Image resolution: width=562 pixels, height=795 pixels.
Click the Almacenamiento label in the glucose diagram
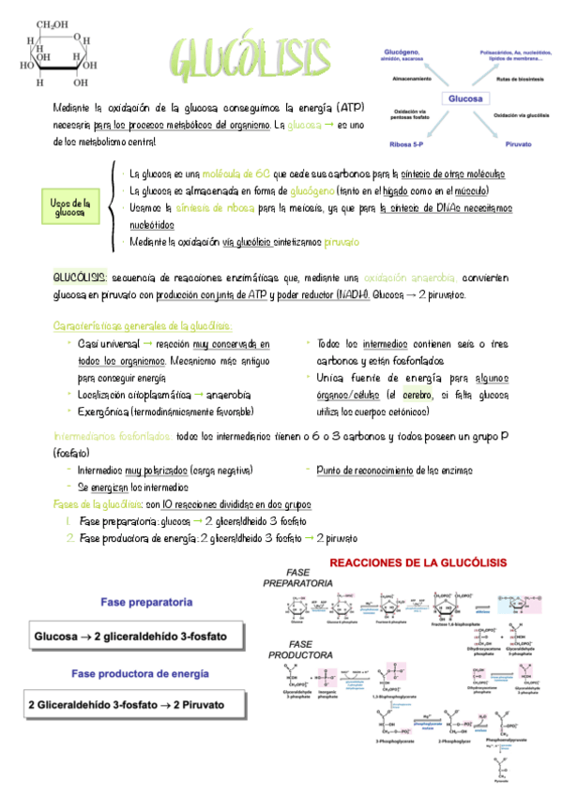404,80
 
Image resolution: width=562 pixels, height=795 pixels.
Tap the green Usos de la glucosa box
70,207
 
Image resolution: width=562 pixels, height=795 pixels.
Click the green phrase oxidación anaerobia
411,278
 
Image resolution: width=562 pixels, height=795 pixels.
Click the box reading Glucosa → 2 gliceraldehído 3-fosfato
137,637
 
